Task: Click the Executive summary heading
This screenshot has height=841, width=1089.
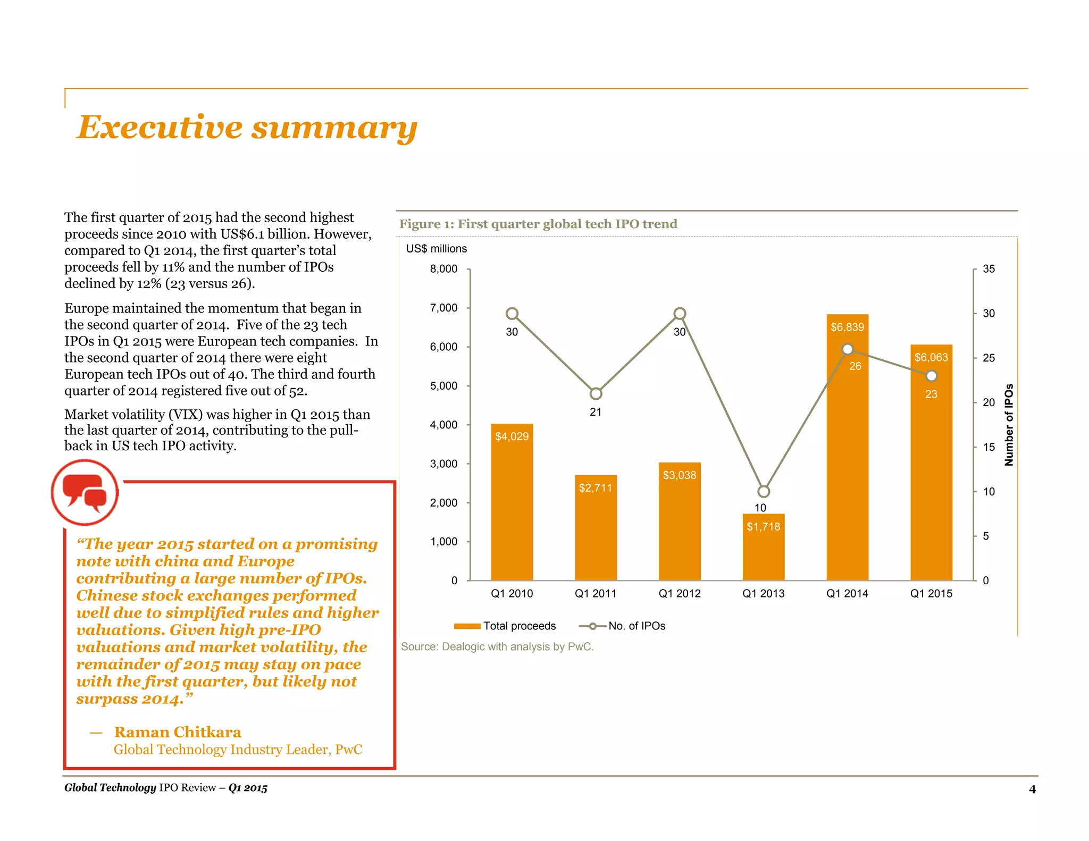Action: point(247,128)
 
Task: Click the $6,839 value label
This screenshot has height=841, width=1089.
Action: point(847,327)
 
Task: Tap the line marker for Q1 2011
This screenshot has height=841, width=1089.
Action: point(596,394)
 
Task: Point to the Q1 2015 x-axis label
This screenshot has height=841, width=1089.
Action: point(931,594)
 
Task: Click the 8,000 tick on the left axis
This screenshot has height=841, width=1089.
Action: point(443,269)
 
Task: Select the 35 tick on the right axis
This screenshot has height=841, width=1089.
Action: point(989,269)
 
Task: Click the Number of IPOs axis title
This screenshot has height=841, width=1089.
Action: point(1009,425)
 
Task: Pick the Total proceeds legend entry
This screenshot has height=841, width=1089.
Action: point(505,626)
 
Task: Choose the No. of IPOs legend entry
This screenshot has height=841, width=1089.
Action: point(622,626)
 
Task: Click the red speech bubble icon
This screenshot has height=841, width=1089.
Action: point(85,492)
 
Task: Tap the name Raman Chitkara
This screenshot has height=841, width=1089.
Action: point(178,733)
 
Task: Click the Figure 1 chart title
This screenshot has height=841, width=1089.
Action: point(538,224)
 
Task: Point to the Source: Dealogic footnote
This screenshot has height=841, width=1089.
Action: point(497,647)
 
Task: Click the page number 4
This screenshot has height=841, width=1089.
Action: point(1032,789)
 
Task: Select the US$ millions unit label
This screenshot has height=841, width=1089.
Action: point(436,249)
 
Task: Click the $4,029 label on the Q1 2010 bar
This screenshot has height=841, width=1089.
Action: point(512,436)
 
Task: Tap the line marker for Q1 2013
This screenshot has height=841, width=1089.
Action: point(764,491)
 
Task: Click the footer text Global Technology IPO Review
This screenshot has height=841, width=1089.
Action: point(165,788)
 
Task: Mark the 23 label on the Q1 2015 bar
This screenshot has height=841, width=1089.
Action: point(931,394)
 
